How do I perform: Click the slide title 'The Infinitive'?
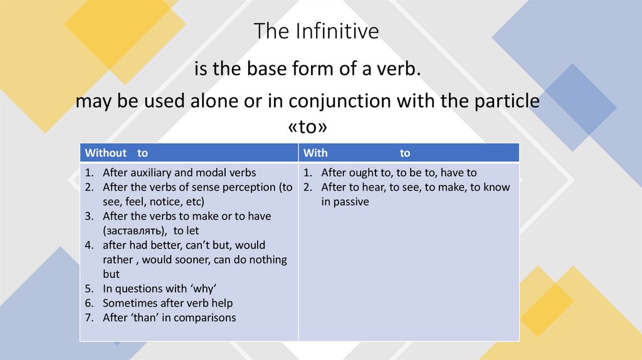(x=316, y=31)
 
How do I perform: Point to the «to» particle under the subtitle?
(x=307, y=127)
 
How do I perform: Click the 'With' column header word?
(x=315, y=153)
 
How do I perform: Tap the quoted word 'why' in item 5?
(x=202, y=289)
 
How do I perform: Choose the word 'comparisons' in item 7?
(x=205, y=317)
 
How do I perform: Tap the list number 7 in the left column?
(x=89, y=317)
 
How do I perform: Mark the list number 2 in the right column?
(x=307, y=187)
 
